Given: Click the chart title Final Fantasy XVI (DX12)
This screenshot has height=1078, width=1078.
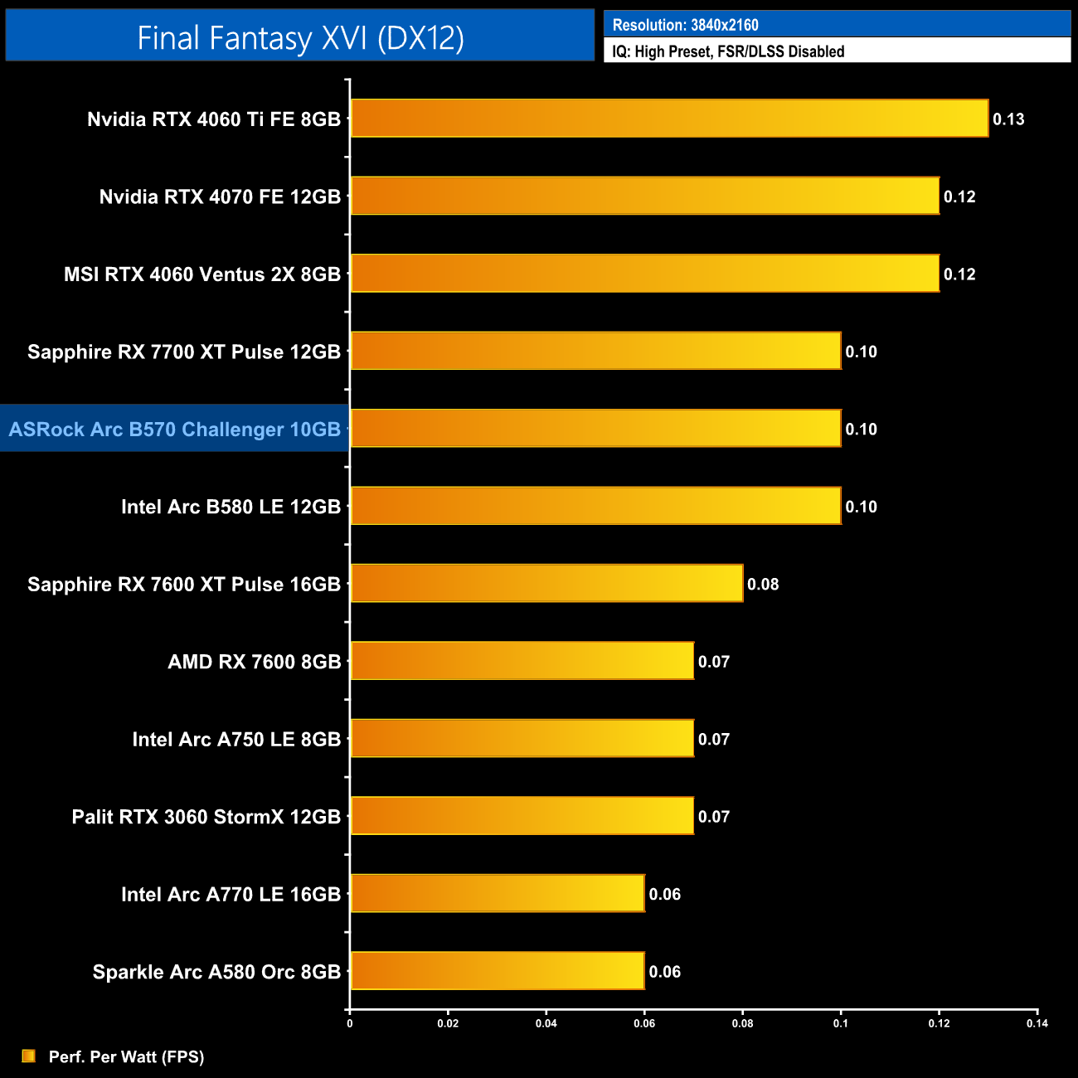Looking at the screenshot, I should coord(300,38).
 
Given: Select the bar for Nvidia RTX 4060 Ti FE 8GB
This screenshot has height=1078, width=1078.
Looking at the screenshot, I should coord(669,119).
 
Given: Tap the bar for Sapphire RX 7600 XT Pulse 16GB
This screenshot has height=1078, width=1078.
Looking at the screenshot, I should coord(546,583).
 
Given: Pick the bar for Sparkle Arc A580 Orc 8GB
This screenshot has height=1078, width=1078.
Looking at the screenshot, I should coord(498,971).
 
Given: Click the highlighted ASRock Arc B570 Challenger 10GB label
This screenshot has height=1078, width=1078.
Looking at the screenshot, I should coord(175,429).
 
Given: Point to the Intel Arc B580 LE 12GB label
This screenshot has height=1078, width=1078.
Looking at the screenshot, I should coord(231,507).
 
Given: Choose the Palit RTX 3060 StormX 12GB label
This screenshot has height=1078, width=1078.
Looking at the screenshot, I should coord(206,817).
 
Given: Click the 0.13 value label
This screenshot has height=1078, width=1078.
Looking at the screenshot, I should coord(1008,119).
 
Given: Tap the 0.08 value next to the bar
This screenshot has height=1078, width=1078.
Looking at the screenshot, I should coord(763,585).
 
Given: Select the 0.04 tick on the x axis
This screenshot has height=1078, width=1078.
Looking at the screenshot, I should coord(546,1023).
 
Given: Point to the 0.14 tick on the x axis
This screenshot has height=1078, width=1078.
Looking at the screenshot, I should coord(1037,1023).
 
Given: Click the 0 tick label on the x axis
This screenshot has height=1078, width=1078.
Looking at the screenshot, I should coord(350,1023).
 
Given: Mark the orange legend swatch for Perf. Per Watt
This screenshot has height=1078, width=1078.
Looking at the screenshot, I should coord(29,1056).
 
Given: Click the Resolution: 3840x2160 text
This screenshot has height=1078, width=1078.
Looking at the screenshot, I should coord(685,25).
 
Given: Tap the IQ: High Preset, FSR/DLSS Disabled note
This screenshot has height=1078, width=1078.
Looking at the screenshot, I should coord(728,51).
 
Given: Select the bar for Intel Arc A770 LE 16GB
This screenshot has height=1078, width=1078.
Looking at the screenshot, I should coord(498,893).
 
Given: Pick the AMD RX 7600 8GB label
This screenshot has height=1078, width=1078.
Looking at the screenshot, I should coord(254,662).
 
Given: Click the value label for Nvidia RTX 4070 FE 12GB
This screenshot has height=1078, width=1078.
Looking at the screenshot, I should coord(959,197).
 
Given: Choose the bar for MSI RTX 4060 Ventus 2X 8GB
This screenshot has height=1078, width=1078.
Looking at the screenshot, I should coord(644,274).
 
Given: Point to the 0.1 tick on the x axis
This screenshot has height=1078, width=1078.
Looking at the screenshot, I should coord(841,1023).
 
